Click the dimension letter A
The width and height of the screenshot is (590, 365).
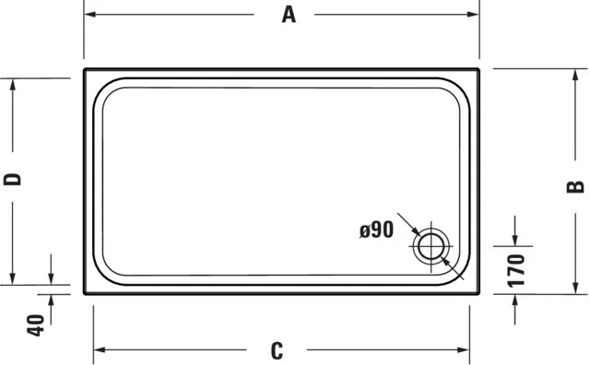tap(289, 15)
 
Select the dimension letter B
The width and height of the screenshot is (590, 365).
tap(575, 187)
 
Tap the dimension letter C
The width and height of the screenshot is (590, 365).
tap(277, 350)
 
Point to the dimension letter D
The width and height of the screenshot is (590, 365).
tap(13, 180)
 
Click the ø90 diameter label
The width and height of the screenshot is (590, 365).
tap(377, 230)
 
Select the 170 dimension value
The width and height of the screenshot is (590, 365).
tap(516, 270)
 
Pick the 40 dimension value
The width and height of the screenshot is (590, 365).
tap(35, 324)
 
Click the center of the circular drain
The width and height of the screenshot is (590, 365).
tap(431, 246)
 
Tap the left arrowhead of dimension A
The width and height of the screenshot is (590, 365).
tap(89, 15)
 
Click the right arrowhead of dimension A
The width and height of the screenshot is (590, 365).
tap(473, 15)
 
